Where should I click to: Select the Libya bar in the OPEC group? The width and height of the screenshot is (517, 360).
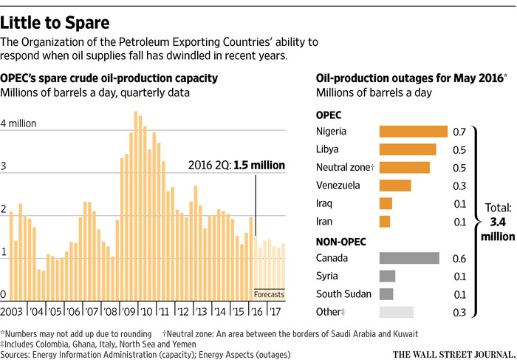pos(407,149)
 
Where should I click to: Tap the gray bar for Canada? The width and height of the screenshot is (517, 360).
pos(408,258)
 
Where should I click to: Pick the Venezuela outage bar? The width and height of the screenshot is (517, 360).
pos(394,186)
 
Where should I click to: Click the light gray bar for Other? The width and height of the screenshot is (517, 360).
pos(396,312)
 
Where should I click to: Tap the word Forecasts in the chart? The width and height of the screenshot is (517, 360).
pos(269,295)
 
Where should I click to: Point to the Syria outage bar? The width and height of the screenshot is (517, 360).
pos(387,276)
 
